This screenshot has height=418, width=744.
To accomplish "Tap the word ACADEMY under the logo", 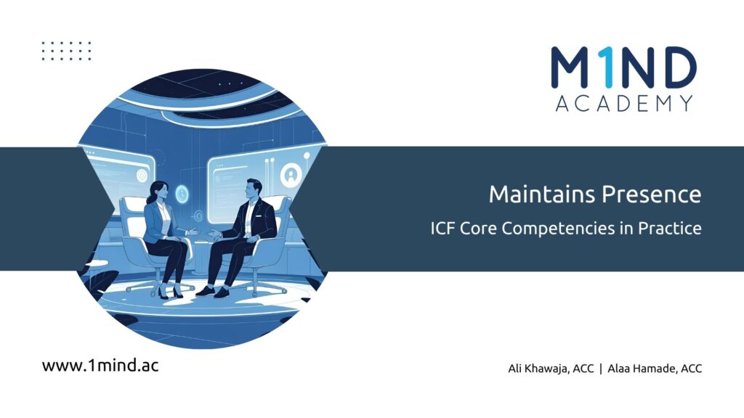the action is pyautogui.click(x=624, y=103).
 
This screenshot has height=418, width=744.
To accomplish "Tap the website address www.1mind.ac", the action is pyautogui.click(x=100, y=366).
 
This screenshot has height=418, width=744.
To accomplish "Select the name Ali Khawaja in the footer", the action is pyautogui.click(x=538, y=369).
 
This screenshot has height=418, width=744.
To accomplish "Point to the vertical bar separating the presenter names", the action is pyautogui.click(x=601, y=369).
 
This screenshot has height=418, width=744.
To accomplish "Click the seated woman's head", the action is pyautogui.click(x=158, y=191).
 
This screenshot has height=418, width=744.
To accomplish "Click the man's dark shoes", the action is pyautogui.click(x=214, y=292).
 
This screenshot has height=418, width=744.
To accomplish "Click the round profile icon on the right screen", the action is pyautogui.click(x=291, y=175).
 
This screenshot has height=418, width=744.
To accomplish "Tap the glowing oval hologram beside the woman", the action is pyautogui.click(x=182, y=194).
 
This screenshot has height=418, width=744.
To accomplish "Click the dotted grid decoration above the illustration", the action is pyautogui.click(x=66, y=51).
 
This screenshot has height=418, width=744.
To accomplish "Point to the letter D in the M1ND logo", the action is pyautogui.click(x=676, y=67).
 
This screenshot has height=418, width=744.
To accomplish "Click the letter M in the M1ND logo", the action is pyautogui.click(x=572, y=67).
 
